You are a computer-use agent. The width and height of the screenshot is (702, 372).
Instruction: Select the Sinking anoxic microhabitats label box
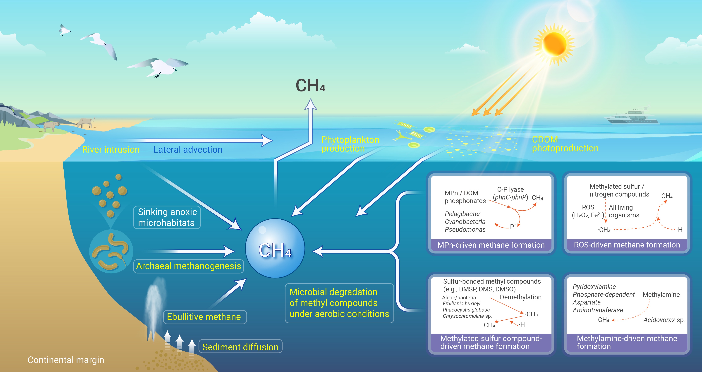(167, 217)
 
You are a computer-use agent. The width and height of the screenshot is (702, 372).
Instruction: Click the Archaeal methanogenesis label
(188, 266)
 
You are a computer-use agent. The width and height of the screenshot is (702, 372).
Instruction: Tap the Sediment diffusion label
(240, 347)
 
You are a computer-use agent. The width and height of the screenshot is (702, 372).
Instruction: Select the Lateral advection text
(188, 150)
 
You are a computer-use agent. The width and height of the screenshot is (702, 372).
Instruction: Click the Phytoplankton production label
(350, 144)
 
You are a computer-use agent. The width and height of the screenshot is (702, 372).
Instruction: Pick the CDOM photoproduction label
(565, 144)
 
